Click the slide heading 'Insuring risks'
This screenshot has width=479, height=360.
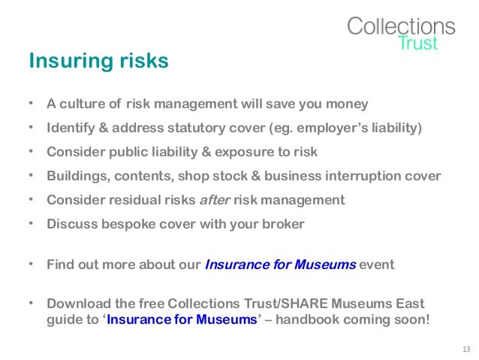(x=98, y=61)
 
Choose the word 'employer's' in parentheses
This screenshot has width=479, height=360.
(x=330, y=128)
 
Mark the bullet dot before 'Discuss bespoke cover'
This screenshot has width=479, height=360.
(x=31, y=224)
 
